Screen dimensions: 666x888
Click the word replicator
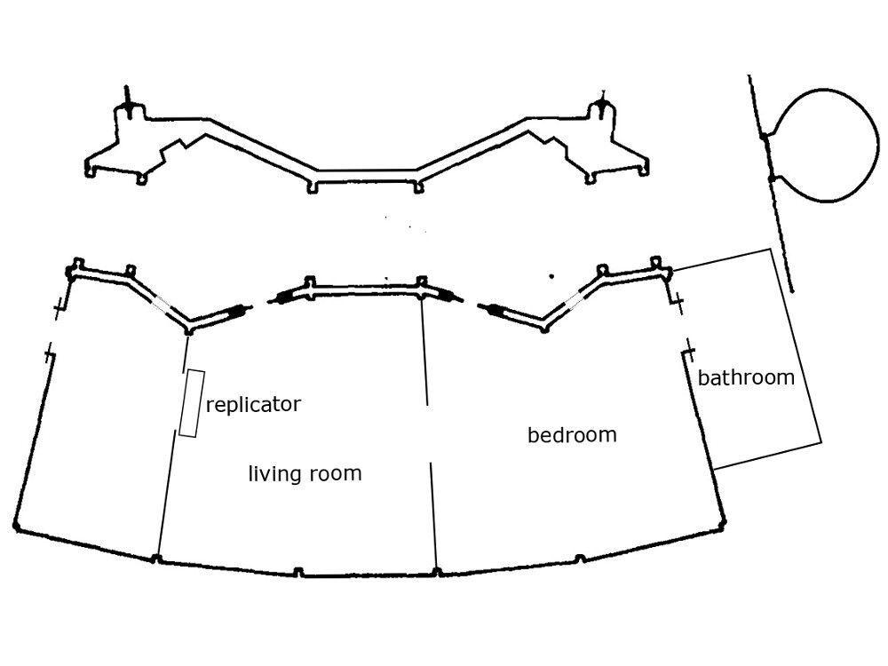253,405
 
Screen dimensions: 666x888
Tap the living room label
305,473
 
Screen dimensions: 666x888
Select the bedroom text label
572,435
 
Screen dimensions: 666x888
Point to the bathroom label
746,377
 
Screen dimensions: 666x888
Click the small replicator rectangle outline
188,402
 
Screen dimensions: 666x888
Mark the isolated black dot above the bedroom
551,276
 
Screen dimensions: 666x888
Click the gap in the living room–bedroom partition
430,433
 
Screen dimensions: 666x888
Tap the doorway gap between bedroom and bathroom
683,326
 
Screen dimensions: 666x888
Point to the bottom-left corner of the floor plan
17,528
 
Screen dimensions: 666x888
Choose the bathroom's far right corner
821,441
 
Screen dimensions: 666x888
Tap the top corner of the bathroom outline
772,250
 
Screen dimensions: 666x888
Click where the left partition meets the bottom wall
156,559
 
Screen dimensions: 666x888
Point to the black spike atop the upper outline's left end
128,100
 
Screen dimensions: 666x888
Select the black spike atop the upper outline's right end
604,100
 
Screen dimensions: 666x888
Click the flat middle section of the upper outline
367,170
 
